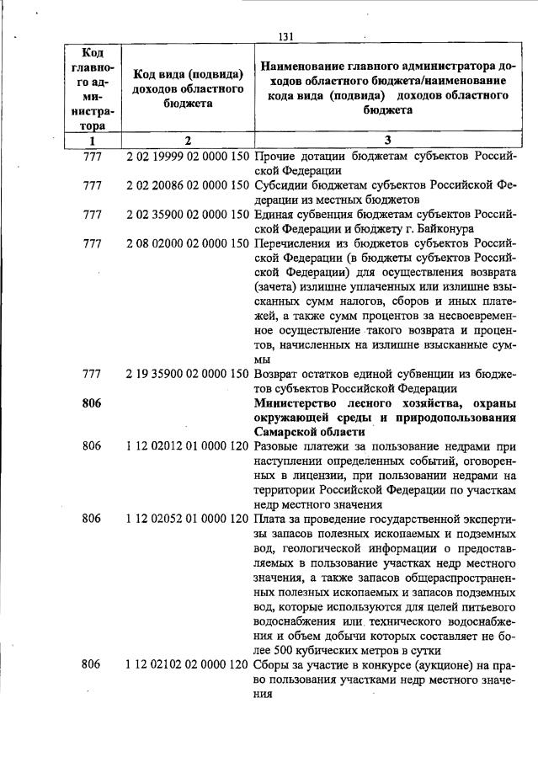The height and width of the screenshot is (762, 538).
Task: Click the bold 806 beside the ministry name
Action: tap(92, 402)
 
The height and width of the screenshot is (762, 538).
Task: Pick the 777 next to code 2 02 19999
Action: tap(92, 157)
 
